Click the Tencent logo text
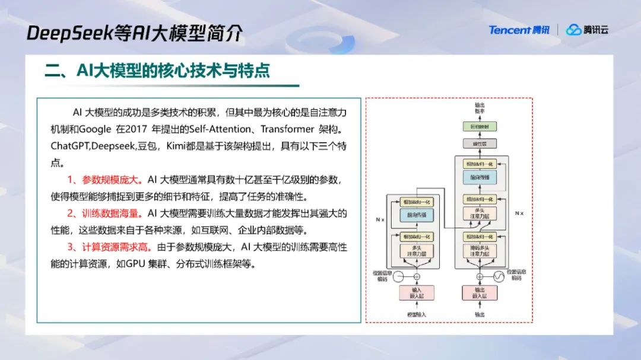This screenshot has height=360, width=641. pos(509,30)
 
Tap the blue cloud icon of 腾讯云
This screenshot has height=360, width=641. pos(573,30)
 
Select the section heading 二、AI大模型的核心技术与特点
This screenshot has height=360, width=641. pos(157,71)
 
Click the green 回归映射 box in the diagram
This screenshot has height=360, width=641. pos(478,126)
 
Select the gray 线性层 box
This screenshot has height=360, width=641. pos(478,143)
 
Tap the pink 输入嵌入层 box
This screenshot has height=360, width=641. pos(417,292)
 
